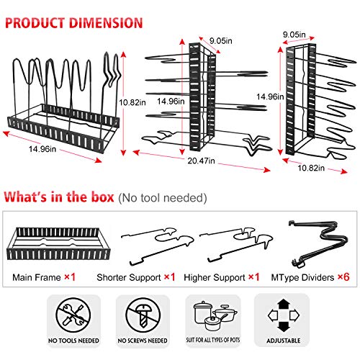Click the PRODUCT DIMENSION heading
pyautogui.click(x=73, y=23)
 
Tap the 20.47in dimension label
pyautogui.click(x=201, y=161)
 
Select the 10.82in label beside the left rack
pyautogui.click(x=132, y=102)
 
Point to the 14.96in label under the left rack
pyautogui.click(x=42, y=149)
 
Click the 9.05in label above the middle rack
pyautogui.click(x=221, y=41)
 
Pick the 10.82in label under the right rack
pyautogui.click(x=311, y=168)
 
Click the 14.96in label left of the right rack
pyautogui.click(x=270, y=96)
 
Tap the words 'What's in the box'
pyautogui.click(x=59, y=197)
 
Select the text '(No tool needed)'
pyautogui.click(x=163, y=198)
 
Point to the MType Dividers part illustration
pyautogui.click(x=318, y=243)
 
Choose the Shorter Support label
pyautogui.click(x=129, y=278)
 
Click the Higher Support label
pyautogui.click(x=215, y=278)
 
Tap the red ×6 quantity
pyautogui.click(x=343, y=277)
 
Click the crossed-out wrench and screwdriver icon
pyautogui.click(x=73, y=315)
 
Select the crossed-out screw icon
pyautogui.click(x=143, y=315)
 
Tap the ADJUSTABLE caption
pyautogui.click(x=284, y=341)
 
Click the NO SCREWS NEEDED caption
pyautogui.click(x=143, y=341)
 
